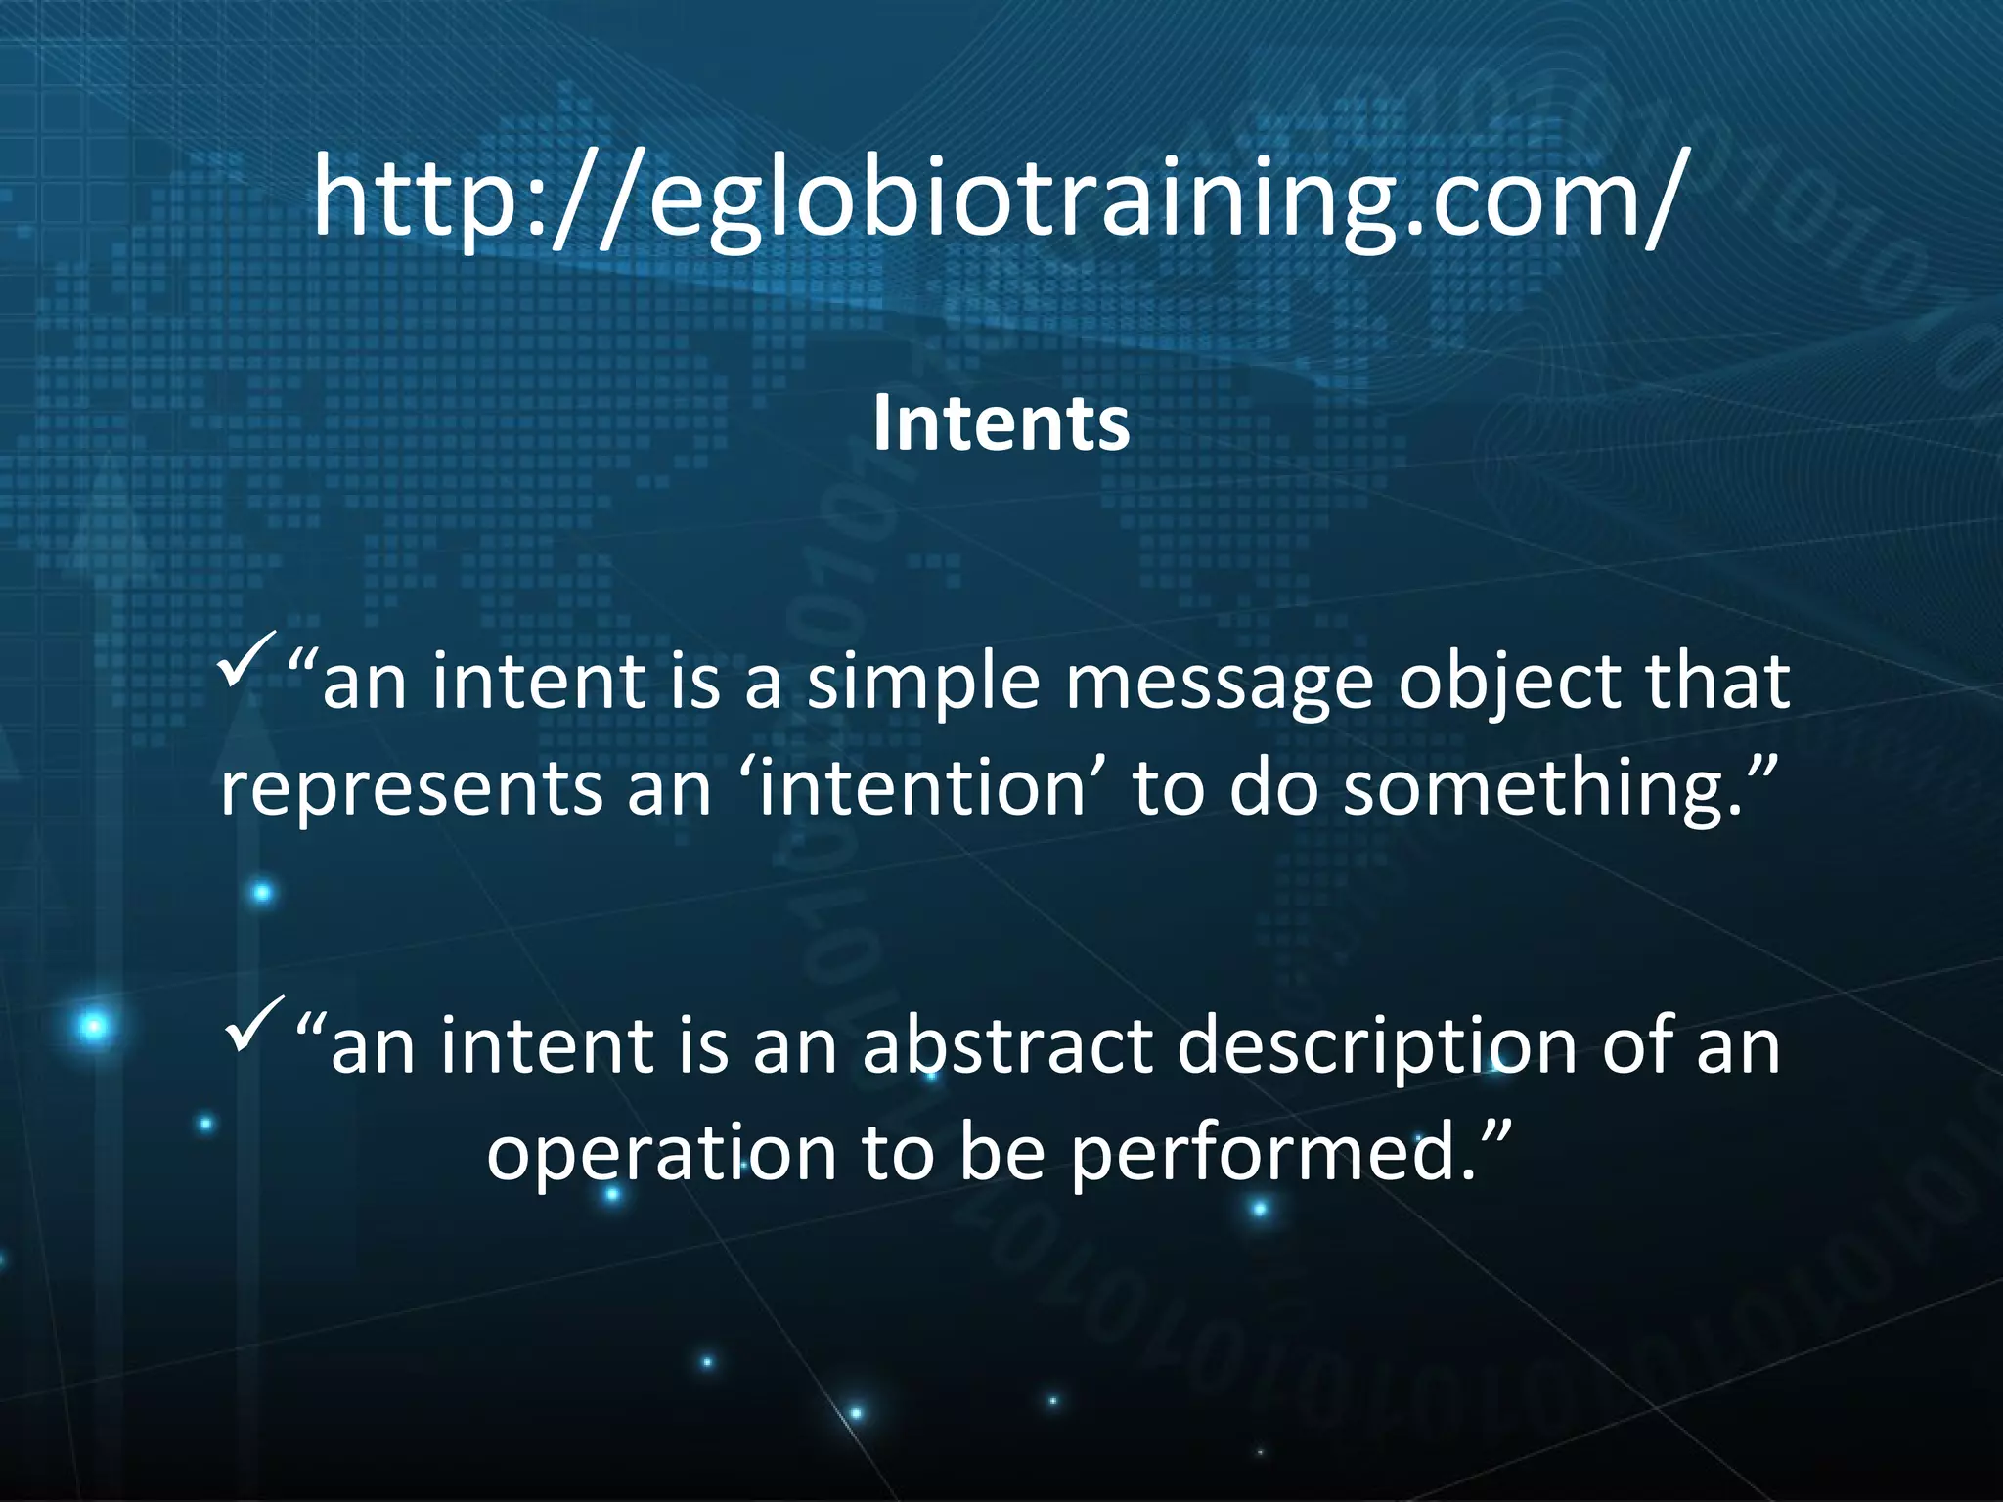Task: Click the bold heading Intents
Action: [x=1001, y=423]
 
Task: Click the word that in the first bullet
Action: [x=1716, y=682]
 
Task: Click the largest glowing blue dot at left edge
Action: [x=94, y=1027]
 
